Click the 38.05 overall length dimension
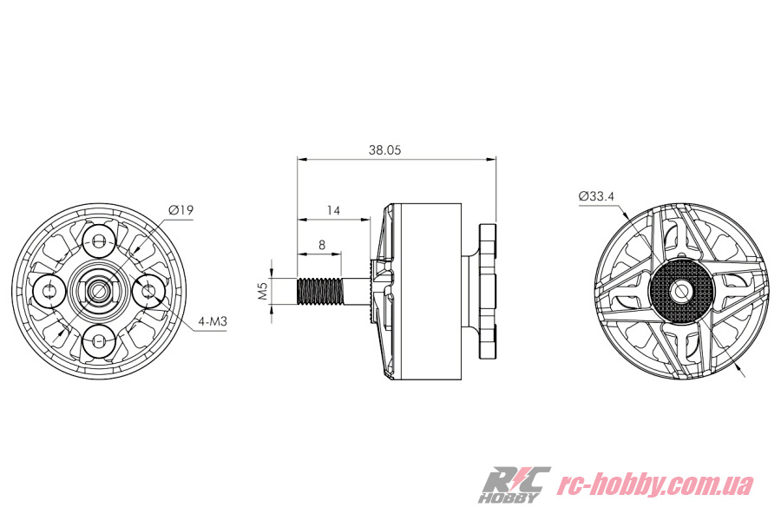384,149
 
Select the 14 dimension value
333,210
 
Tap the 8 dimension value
322,245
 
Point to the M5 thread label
263,291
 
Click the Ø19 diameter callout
180,210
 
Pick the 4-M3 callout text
213,321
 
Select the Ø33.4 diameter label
596,196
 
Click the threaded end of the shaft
319,291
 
